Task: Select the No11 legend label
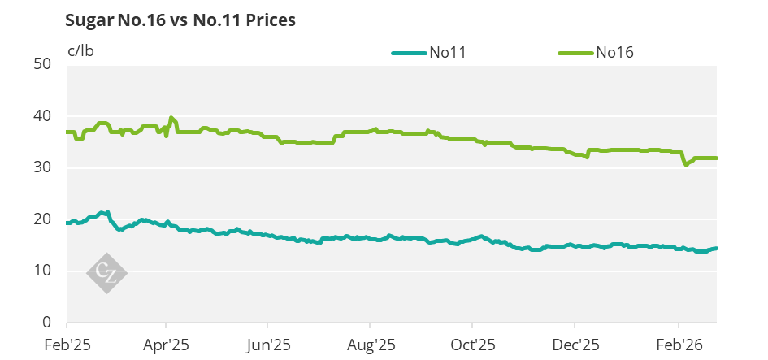point(447,54)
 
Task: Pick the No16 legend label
point(614,54)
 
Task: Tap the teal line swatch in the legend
point(409,54)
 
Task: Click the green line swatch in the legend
point(575,54)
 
